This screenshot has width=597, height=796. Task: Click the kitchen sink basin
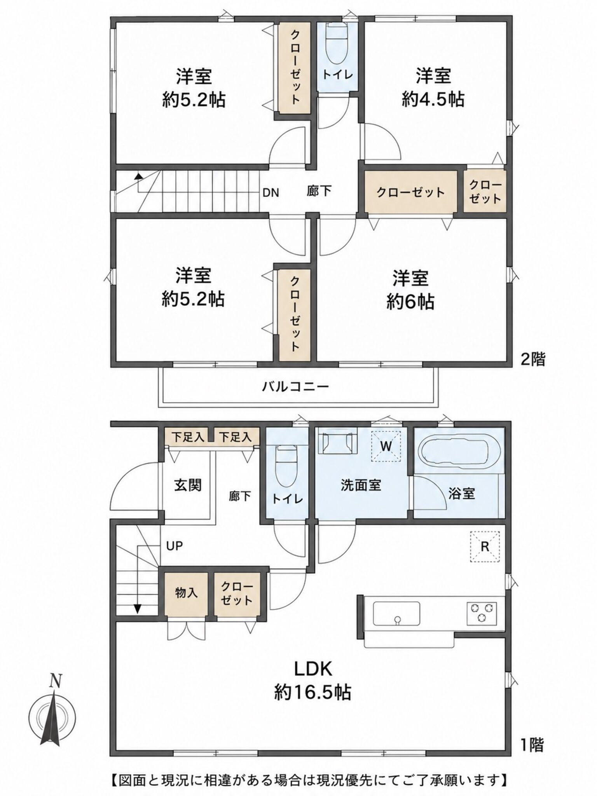pos(396,614)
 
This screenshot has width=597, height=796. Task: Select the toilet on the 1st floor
pos(286,465)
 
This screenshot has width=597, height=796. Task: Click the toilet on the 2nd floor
pos(337,44)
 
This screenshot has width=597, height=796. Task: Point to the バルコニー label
pos(295,386)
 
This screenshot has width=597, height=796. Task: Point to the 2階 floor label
pos(533,360)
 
